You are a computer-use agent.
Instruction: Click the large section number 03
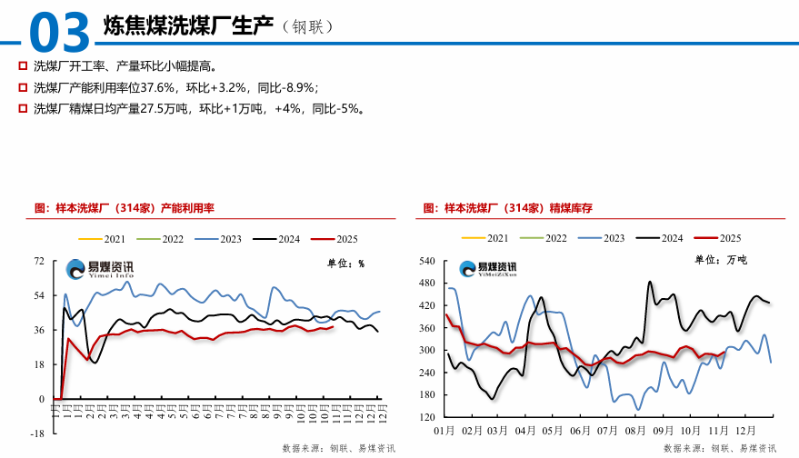click(x=60, y=32)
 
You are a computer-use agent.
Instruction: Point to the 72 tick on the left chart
click(x=38, y=262)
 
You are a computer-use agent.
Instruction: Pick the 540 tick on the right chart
click(x=428, y=262)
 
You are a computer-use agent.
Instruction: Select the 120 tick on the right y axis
click(x=428, y=417)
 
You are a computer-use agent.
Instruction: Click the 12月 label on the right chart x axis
click(x=744, y=430)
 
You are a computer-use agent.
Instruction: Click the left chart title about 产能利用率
click(x=124, y=208)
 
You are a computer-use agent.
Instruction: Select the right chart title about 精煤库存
click(x=508, y=208)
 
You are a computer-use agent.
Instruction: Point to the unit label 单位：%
click(x=345, y=264)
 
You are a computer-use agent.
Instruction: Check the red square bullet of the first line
click(x=22, y=66)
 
